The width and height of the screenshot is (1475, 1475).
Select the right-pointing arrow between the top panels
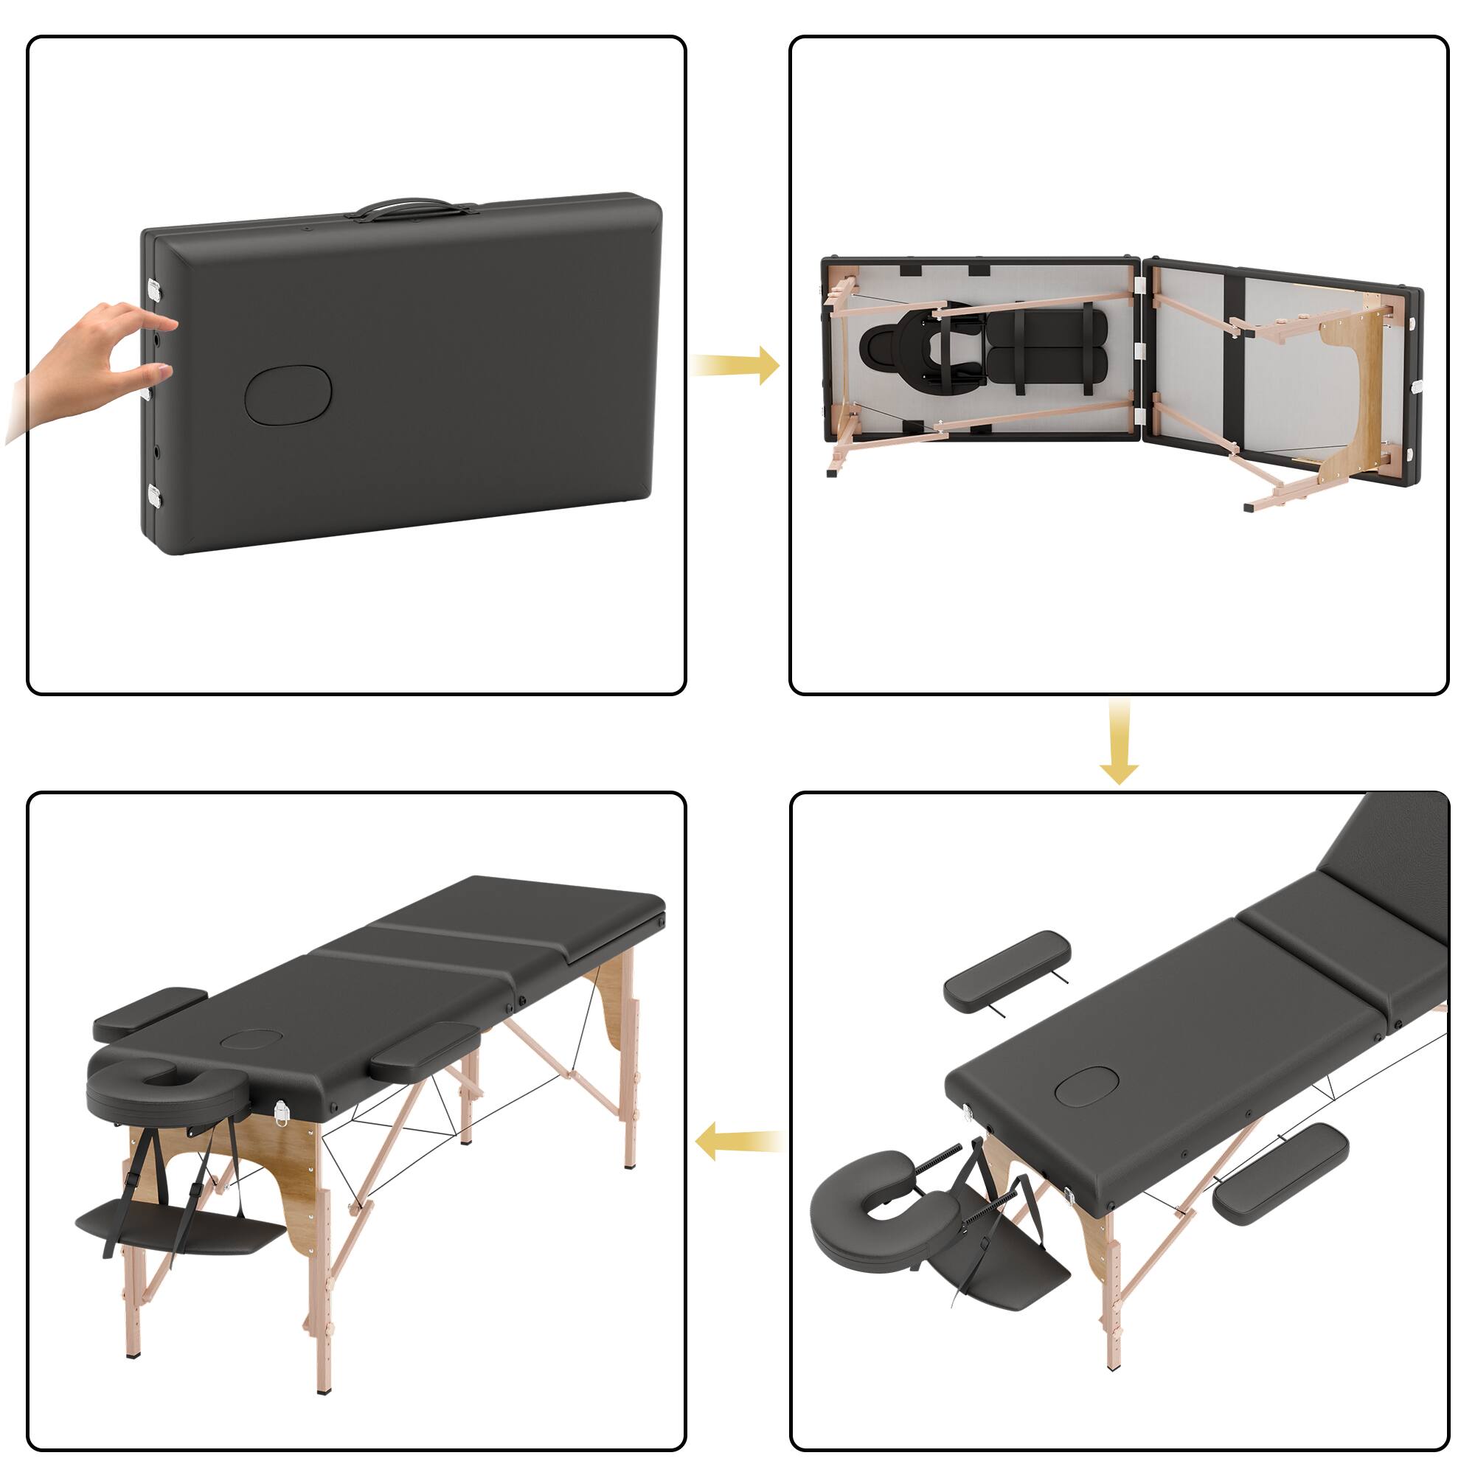pyautogui.click(x=735, y=366)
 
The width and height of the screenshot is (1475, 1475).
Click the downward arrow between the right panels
pyautogui.click(x=1119, y=741)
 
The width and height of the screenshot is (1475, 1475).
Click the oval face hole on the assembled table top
pyautogui.click(x=252, y=1039)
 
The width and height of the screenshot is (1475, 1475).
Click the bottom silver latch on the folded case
pyautogui.click(x=155, y=496)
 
